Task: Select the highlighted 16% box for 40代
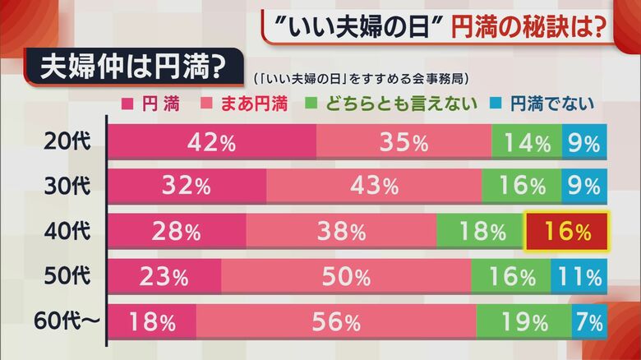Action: click(x=566, y=232)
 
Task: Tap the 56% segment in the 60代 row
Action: click(x=336, y=321)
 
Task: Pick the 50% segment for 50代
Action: click(x=346, y=277)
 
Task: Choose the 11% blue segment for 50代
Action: click(x=579, y=277)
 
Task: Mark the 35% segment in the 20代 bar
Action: click(x=404, y=142)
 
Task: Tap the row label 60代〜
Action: click(x=69, y=321)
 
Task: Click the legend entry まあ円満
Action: click(x=249, y=104)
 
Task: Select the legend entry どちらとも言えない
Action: click(x=387, y=104)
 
